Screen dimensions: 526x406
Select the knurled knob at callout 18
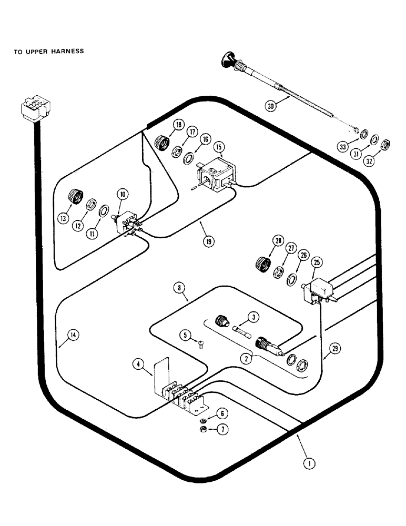point(162,141)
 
